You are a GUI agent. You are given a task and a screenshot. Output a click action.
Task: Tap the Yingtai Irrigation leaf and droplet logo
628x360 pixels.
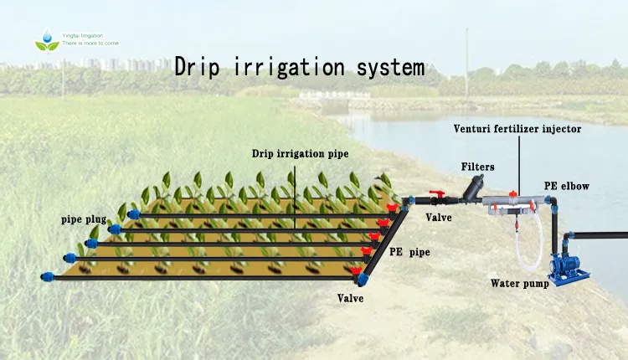click(47, 39)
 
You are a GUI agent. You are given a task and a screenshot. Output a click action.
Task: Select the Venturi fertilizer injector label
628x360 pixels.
click(517, 129)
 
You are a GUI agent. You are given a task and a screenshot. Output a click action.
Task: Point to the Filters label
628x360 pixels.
click(477, 167)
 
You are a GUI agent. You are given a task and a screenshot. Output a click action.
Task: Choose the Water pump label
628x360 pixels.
click(519, 283)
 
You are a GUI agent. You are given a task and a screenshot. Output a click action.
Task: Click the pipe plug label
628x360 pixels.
click(83, 219)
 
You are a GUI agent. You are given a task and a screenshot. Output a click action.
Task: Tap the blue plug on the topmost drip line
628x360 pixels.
click(134, 215)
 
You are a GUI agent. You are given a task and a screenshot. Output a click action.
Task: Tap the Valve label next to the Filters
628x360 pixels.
click(439, 218)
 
